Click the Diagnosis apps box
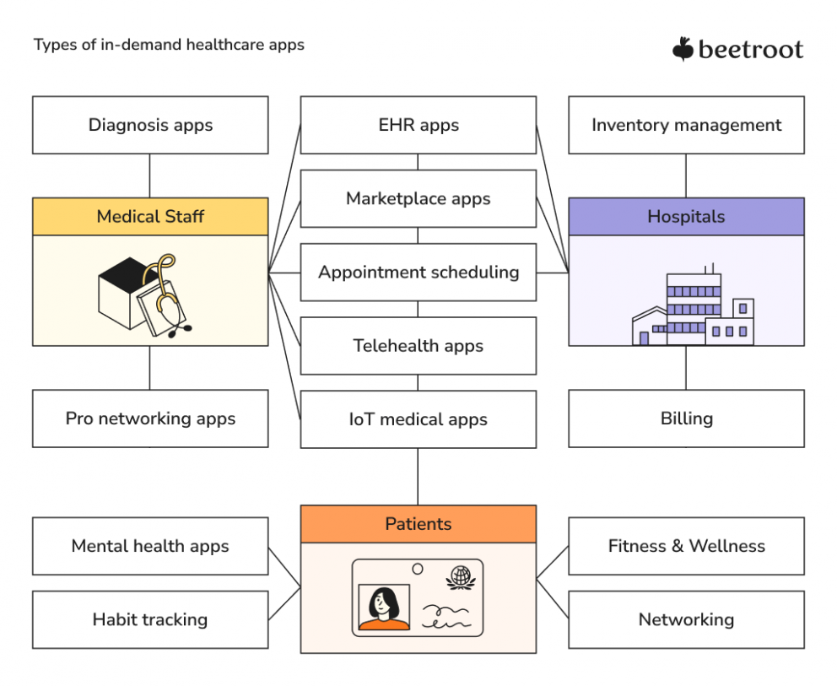[150, 125]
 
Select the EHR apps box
[418, 125]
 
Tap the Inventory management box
[686, 125]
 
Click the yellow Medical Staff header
[150, 217]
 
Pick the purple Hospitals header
[686, 217]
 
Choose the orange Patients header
[418, 524]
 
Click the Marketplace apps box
[418, 199]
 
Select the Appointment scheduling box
[418, 273]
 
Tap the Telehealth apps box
[418, 346]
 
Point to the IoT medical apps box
[418, 419]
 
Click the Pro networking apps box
[150, 419]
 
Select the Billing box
[686, 419]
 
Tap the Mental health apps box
[150, 546]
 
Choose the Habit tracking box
[150, 619]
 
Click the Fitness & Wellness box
[686, 546]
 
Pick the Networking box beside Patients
[686, 619]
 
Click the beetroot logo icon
[683, 50]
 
